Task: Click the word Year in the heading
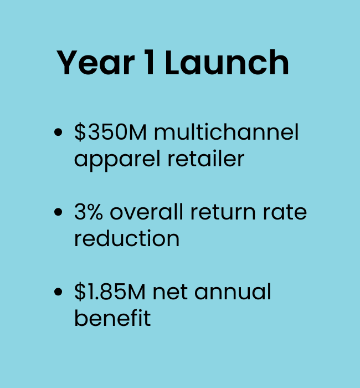pos(95,62)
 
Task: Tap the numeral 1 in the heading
pos(150,62)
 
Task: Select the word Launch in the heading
pos(227,62)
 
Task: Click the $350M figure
pos(110,132)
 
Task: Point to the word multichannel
pos(227,132)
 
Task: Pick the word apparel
pos(117,160)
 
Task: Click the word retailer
pos(206,159)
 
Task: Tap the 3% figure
pos(88,212)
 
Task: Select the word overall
pos(147,212)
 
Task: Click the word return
pos(223,212)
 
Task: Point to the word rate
pos(285,212)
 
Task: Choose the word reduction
pos(127,238)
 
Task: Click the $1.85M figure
pos(110,292)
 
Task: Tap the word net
pos(170,293)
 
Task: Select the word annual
pos(233,291)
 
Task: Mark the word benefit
pos(112,318)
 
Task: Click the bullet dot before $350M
pos(58,132)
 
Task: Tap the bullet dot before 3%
pos(58,212)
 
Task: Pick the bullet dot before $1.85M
pos(58,292)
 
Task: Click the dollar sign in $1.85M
pos(80,292)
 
